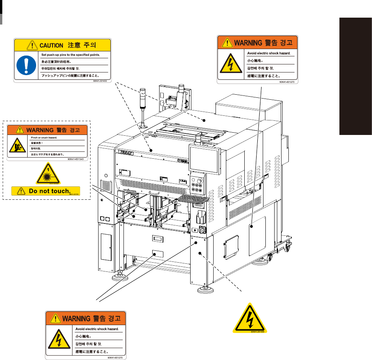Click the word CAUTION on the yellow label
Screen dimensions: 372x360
click(52, 45)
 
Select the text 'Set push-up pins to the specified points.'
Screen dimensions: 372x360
click(71, 55)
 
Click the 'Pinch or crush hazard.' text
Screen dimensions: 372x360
click(41, 137)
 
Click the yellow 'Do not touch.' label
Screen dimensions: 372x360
click(46, 191)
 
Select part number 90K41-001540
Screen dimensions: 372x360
click(76, 159)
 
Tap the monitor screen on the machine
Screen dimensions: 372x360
click(203, 159)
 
